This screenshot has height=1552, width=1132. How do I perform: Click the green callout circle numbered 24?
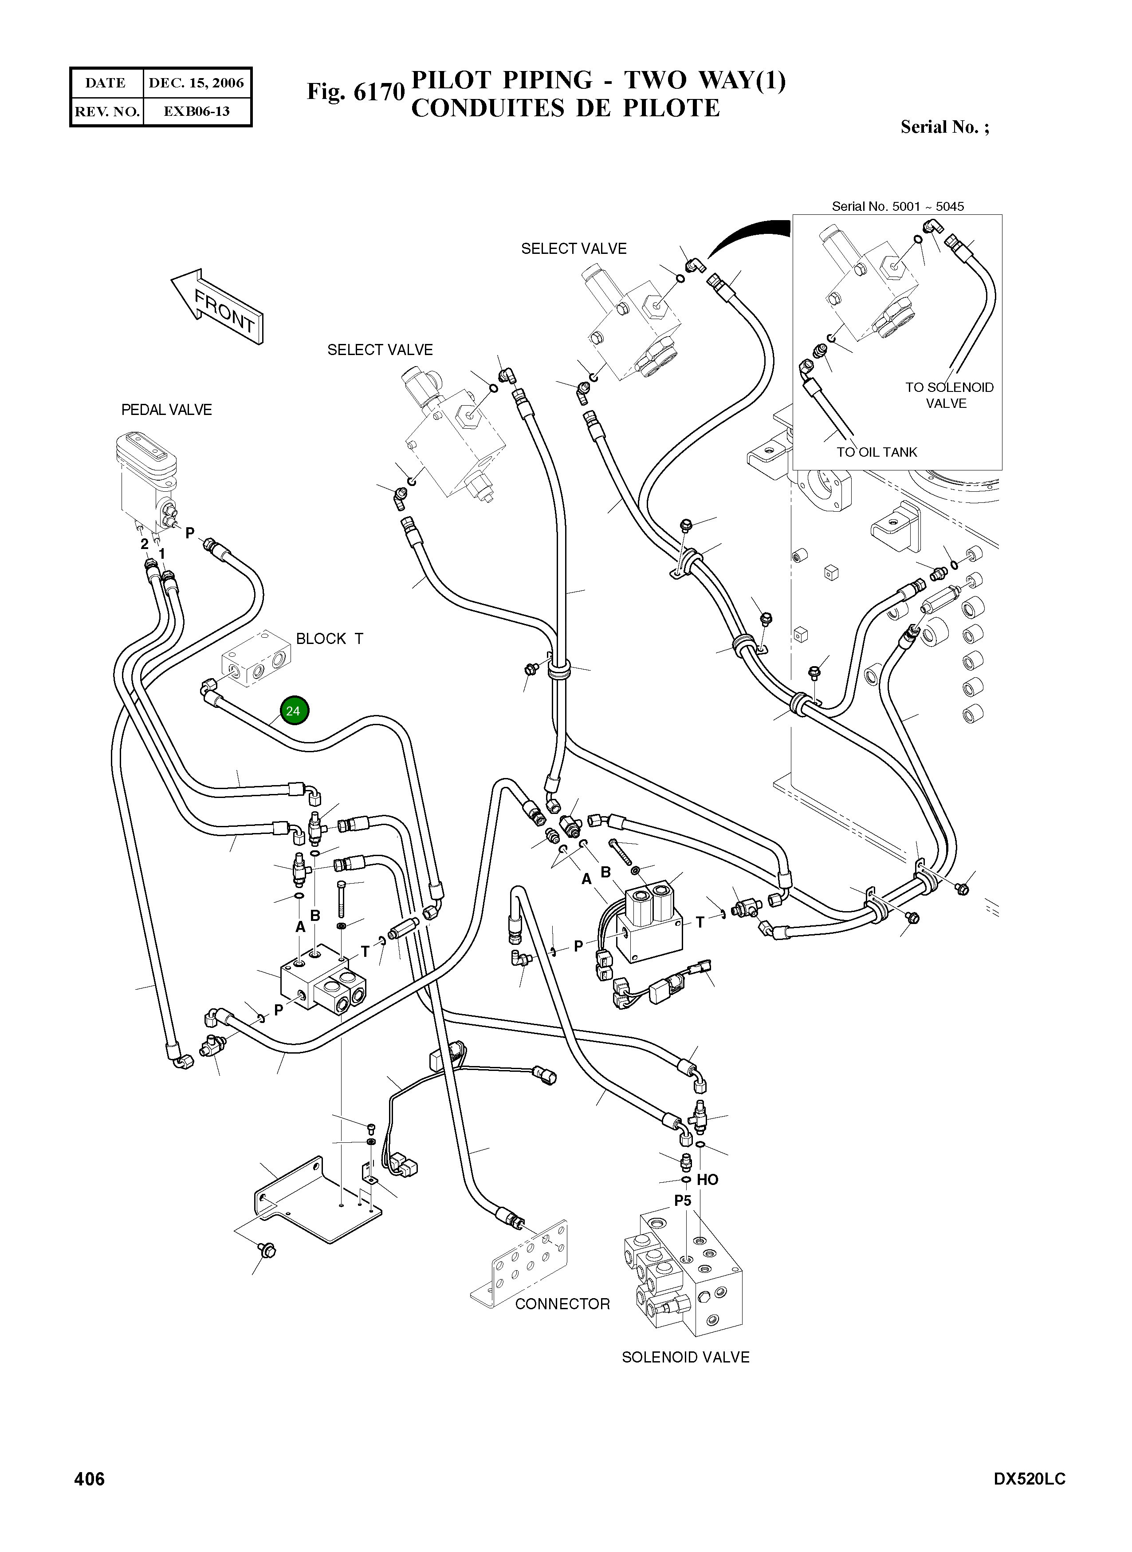[293, 711]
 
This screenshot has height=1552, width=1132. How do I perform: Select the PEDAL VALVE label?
[166, 410]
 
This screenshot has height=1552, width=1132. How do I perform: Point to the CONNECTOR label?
[562, 1304]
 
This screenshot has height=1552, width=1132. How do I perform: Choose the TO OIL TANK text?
[877, 452]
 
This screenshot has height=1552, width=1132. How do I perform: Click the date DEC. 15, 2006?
[197, 83]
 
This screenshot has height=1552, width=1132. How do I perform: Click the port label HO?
[707, 1180]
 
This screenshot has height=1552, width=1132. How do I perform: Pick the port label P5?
[683, 1201]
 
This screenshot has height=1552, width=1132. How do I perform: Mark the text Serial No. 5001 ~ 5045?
[898, 206]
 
